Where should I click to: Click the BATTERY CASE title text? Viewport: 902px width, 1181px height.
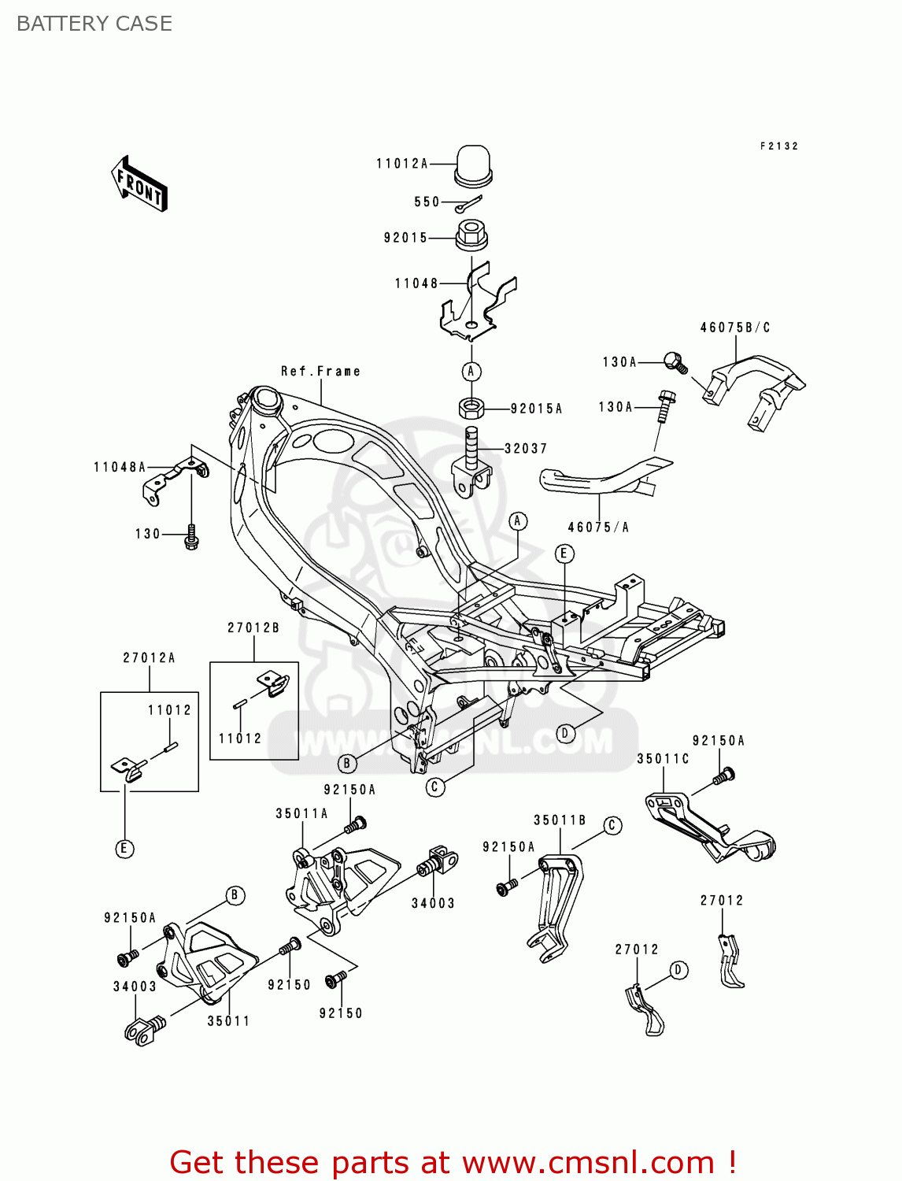pyautogui.click(x=94, y=24)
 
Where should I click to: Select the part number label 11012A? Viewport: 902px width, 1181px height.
pyautogui.click(x=401, y=164)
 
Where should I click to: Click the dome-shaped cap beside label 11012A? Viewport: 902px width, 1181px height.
pyautogui.click(x=473, y=165)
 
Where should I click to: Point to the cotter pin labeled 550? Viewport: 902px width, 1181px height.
pyautogui.click(x=468, y=204)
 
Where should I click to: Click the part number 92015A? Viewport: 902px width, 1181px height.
pyautogui.click(x=536, y=409)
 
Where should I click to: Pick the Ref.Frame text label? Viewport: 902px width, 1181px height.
pyautogui.click(x=320, y=371)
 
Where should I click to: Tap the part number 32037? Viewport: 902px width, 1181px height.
pyautogui.click(x=525, y=449)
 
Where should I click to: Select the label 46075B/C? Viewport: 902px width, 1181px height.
pyautogui.click(x=735, y=328)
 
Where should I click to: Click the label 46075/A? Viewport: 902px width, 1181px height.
pyautogui.click(x=598, y=528)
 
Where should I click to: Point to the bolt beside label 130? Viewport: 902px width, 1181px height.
pyautogui.click(x=190, y=539)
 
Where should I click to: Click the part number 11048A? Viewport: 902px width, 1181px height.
pyautogui.click(x=120, y=468)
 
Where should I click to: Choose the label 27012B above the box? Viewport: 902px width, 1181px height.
pyautogui.click(x=253, y=628)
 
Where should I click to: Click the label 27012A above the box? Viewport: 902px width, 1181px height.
pyautogui.click(x=149, y=657)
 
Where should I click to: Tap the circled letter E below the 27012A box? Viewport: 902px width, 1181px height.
pyautogui.click(x=124, y=849)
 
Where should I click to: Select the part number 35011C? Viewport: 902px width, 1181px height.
pyautogui.click(x=663, y=759)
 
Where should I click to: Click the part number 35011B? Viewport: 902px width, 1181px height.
pyautogui.click(x=560, y=820)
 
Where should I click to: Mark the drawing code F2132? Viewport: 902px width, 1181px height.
pyautogui.click(x=778, y=146)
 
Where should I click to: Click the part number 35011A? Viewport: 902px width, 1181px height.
pyautogui.click(x=301, y=813)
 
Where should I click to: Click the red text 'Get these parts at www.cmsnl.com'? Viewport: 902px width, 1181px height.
pyautogui.click(x=453, y=1162)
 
